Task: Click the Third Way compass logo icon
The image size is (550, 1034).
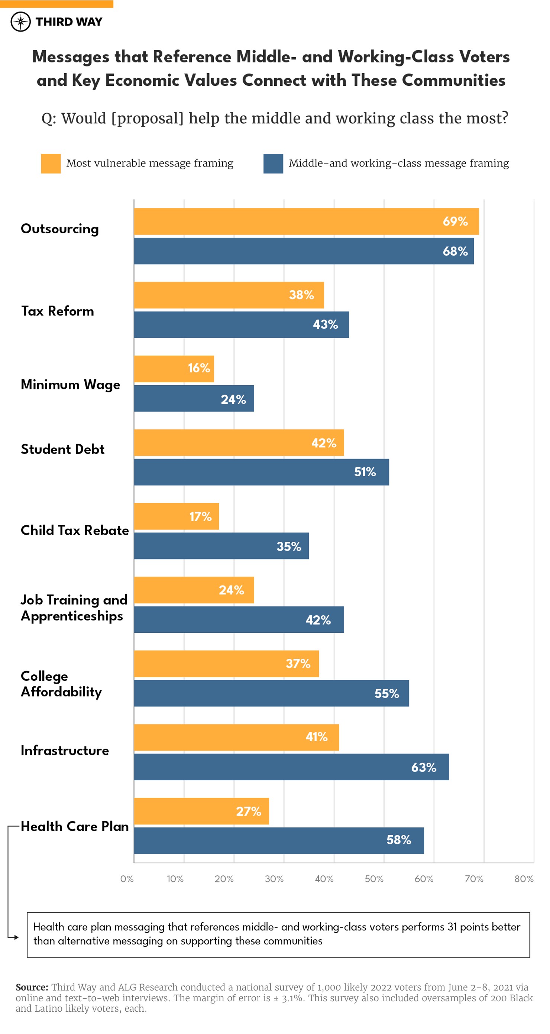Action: pyautogui.click(x=20, y=22)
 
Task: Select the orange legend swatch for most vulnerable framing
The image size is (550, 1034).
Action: pyautogui.click(x=51, y=163)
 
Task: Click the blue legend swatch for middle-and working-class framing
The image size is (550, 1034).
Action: pyautogui.click(x=273, y=163)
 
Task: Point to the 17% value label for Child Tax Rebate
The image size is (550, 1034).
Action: pyautogui.click(x=200, y=516)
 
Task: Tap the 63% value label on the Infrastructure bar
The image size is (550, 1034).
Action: pyautogui.click(x=424, y=767)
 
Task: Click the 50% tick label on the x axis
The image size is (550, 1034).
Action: pyautogui.click(x=374, y=879)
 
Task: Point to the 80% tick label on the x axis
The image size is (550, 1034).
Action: pyautogui.click(x=524, y=879)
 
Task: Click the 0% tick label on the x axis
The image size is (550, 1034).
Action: pyautogui.click(x=127, y=879)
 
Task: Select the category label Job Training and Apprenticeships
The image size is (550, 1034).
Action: pyautogui.click(x=74, y=608)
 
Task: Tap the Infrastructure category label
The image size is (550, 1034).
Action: pyautogui.click(x=65, y=750)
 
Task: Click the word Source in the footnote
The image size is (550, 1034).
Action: pyautogui.click(x=31, y=987)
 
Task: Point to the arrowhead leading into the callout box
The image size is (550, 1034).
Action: pyautogui.click(x=16, y=937)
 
